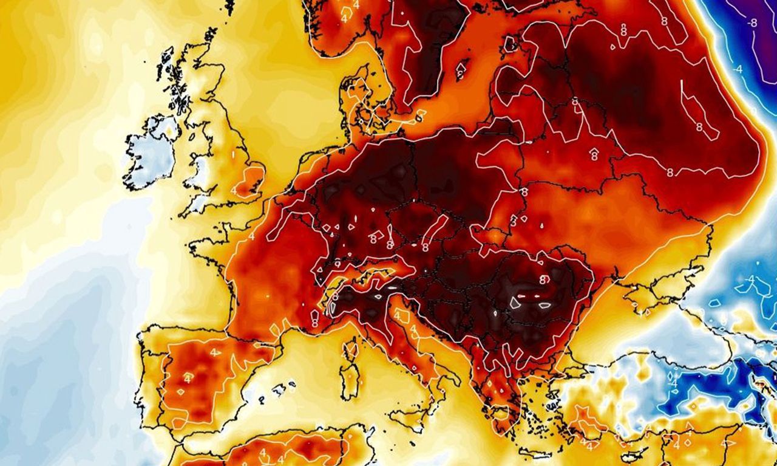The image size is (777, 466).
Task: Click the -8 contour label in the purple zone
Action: point(753,22)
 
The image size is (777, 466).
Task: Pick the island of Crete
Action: point(535,453)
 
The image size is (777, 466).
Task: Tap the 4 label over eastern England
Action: point(234,190)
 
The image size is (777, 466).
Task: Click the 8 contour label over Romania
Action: point(544,279)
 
